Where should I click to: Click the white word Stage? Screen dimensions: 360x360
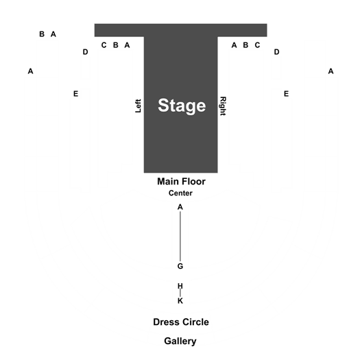[x=182, y=106]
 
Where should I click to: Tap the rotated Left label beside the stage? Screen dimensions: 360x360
[x=138, y=106]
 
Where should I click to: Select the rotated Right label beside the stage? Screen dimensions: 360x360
[x=223, y=106]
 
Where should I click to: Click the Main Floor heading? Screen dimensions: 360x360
[x=181, y=182]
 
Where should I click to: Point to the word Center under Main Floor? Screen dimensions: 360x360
[x=180, y=193]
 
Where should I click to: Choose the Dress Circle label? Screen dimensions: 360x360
[x=181, y=322]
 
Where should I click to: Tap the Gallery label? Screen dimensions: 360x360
[x=180, y=341]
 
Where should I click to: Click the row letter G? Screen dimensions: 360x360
[x=180, y=266]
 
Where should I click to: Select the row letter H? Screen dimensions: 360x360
[x=180, y=286]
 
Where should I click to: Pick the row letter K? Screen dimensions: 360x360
[x=180, y=301]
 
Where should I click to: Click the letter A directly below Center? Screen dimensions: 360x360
[x=180, y=207]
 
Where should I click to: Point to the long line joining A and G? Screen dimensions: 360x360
[x=180, y=237]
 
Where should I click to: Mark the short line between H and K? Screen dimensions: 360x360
[x=180, y=293]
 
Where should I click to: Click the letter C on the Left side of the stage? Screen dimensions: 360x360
[x=104, y=45]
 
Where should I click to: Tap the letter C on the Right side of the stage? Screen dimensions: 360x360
[x=257, y=45]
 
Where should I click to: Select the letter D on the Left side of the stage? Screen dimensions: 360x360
[x=86, y=52]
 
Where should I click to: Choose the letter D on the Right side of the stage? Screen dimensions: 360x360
[x=276, y=52]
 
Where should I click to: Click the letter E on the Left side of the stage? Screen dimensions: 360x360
[x=75, y=94]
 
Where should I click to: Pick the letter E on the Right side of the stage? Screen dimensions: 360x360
[x=286, y=94]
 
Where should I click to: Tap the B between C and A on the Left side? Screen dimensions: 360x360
[x=116, y=45]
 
